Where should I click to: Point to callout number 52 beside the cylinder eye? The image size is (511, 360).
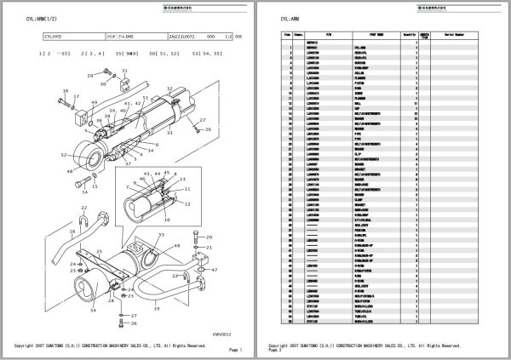point(65,155)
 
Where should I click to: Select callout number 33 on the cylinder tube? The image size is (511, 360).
point(171,134)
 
